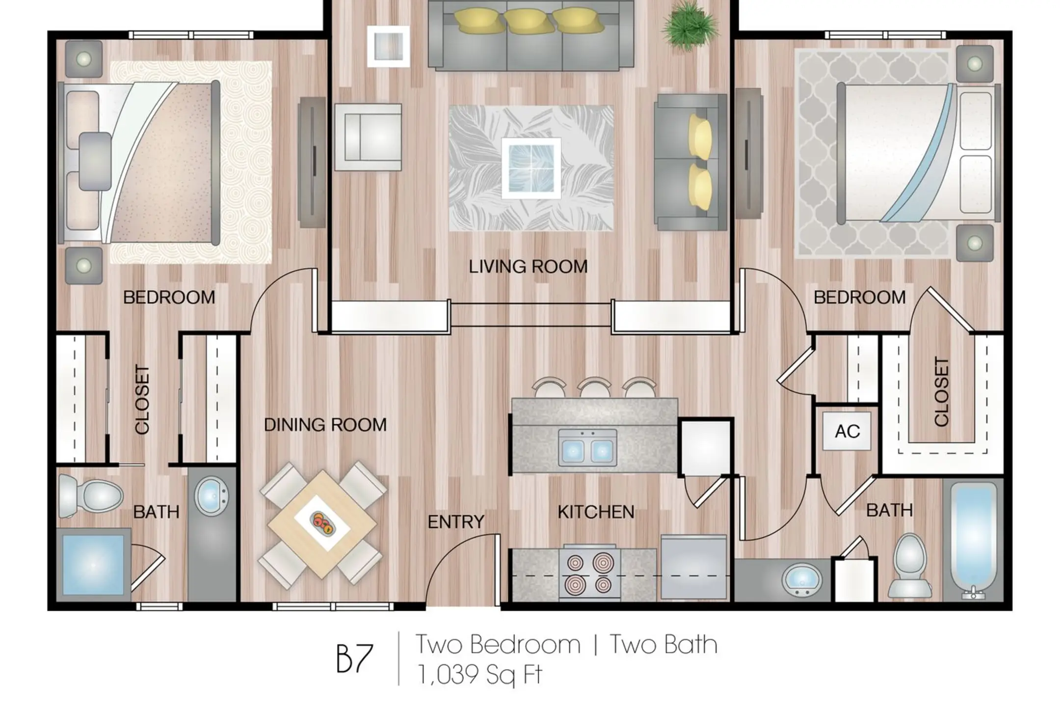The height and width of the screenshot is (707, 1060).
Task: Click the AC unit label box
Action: tap(847, 431)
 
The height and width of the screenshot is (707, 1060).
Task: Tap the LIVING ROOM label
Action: tap(528, 267)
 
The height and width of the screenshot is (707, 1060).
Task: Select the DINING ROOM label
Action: tap(325, 425)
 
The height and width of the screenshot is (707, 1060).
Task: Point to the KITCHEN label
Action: tap(596, 512)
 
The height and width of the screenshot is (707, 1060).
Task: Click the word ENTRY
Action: tap(456, 522)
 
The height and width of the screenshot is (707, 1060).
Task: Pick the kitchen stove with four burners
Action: tap(589, 572)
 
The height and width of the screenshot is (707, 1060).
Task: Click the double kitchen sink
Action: tap(588, 448)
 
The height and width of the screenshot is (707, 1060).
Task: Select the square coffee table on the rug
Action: tap(531, 168)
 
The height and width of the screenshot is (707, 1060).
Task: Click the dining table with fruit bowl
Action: tap(323, 524)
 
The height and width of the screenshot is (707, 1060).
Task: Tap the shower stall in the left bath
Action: tap(93, 565)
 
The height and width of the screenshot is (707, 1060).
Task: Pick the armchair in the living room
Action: tap(368, 137)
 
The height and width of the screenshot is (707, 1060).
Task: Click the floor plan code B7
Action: tap(354, 659)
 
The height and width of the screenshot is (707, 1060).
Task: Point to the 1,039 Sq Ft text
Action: tap(479, 674)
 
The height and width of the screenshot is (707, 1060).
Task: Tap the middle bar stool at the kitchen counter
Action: tap(594, 387)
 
